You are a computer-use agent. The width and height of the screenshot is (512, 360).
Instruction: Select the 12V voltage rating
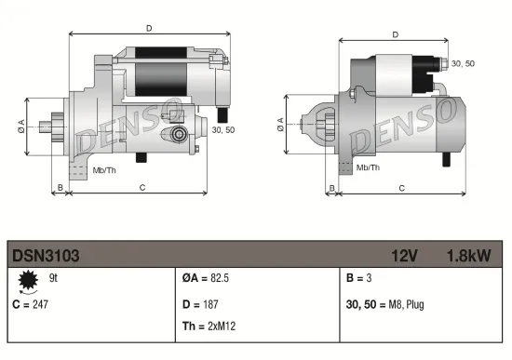[x=404, y=253]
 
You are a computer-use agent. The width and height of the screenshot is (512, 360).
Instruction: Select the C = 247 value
[x=30, y=303]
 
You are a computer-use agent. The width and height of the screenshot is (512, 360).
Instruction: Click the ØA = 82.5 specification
[x=203, y=278]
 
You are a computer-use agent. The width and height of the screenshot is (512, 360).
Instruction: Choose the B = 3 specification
[x=357, y=278]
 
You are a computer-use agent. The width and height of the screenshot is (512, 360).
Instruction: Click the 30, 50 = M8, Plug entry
[x=385, y=303]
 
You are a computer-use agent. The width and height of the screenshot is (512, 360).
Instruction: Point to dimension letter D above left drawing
[x=149, y=28]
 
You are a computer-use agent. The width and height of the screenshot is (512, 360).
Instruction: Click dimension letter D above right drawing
[x=395, y=34]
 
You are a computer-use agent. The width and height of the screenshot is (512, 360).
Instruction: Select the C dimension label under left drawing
[x=141, y=188]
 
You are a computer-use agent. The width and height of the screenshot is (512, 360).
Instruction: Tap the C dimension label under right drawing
[x=400, y=188]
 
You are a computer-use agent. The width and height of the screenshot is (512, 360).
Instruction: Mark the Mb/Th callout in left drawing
[x=104, y=171]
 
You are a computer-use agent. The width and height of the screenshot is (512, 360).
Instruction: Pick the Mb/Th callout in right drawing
[x=369, y=167]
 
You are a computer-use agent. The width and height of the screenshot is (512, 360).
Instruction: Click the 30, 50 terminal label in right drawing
[x=463, y=62]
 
